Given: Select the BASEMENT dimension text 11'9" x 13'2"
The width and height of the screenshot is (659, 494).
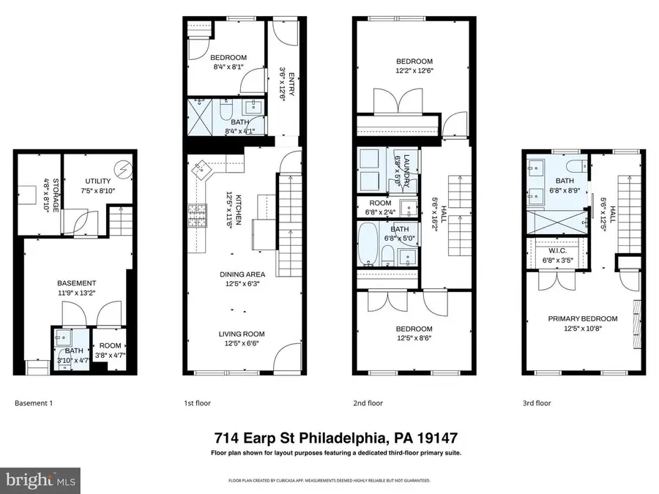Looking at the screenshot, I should coord(77,293).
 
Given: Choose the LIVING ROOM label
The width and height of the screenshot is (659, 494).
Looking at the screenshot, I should coord(240,334).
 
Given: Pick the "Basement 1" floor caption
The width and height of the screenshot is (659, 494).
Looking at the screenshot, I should coord(34,403).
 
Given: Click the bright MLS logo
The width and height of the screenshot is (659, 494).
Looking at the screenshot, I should coord(41,481).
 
